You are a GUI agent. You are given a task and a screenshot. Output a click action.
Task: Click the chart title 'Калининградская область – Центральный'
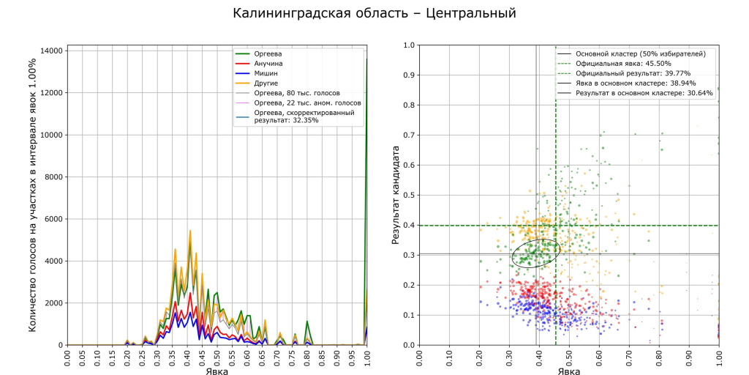point(374,13)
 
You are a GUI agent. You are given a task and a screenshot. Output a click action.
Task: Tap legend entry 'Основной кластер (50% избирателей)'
point(641,53)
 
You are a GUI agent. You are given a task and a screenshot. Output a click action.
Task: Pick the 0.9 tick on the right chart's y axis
point(410,75)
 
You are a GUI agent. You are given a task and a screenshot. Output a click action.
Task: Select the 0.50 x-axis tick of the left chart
point(217,360)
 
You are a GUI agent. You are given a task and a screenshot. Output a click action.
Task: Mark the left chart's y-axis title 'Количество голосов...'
point(34,195)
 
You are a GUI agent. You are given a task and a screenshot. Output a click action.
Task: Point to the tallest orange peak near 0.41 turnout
point(190,231)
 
